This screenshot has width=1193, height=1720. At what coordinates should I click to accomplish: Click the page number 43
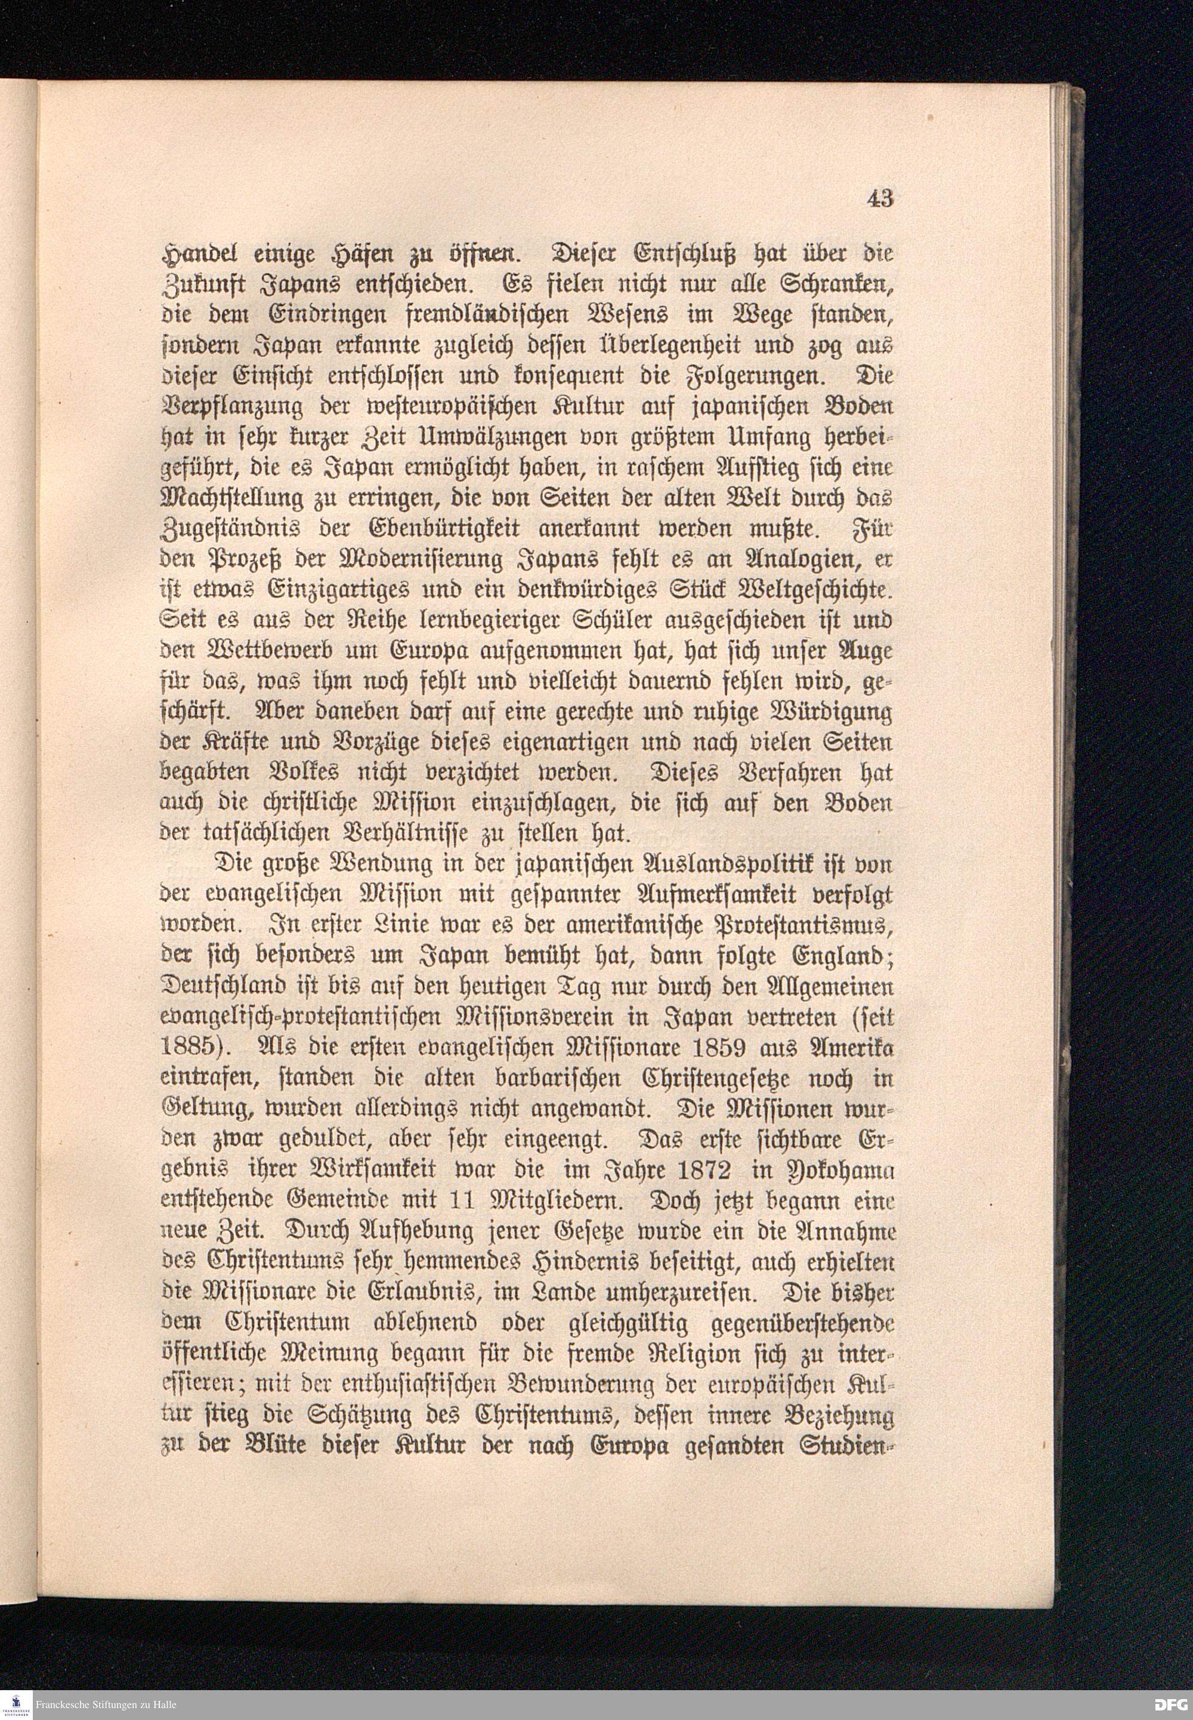point(880,198)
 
